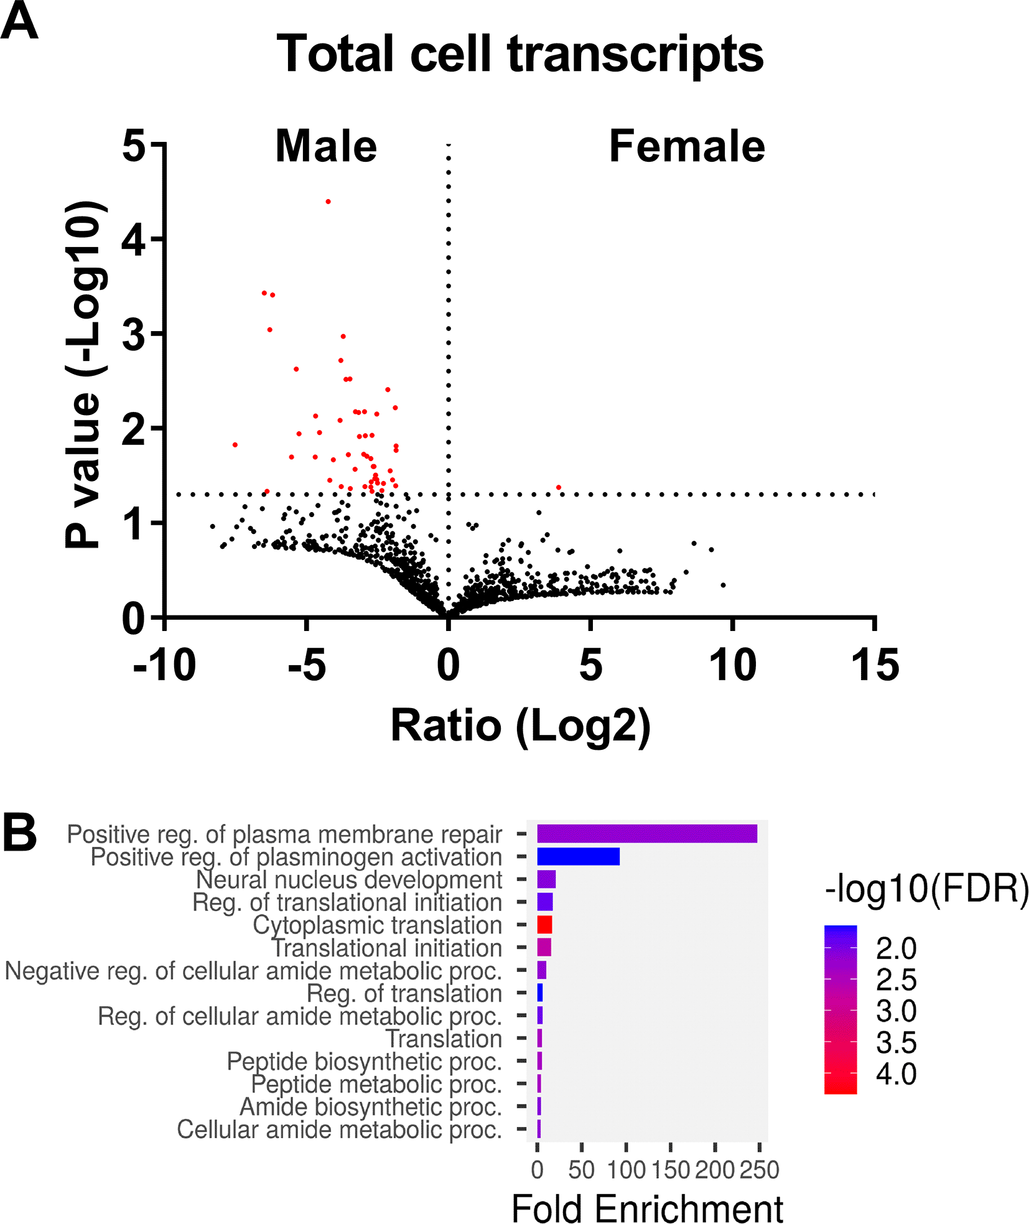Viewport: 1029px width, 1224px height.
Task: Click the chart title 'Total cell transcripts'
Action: [519, 55]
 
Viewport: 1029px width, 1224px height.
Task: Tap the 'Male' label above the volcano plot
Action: [326, 147]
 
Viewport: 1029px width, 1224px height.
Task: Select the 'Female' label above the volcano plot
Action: [686, 147]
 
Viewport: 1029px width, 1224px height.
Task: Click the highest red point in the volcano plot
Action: [328, 202]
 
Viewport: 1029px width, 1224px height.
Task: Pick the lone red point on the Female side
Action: [558, 487]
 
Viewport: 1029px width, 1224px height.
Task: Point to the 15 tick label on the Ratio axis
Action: [875, 665]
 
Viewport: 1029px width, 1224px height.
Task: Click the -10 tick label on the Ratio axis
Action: [164, 665]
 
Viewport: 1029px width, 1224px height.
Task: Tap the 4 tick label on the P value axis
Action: [133, 240]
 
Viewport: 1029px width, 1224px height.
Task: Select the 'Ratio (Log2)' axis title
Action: [520, 726]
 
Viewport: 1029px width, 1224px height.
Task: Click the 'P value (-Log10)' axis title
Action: [84, 375]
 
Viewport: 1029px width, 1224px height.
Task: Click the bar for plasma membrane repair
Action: [647, 834]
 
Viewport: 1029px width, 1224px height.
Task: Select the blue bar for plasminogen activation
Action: [578, 857]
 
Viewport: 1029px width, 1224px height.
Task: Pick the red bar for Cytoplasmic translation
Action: [544, 925]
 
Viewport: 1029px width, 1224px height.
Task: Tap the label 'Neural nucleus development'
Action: [349, 880]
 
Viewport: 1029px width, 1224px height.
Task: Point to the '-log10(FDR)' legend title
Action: [926, 889]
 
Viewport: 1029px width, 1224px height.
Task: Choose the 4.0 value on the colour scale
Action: [896, 1075]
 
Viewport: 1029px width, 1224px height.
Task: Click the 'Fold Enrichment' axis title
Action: [646, 1209]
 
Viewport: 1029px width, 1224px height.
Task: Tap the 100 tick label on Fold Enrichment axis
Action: [626, 1170]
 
